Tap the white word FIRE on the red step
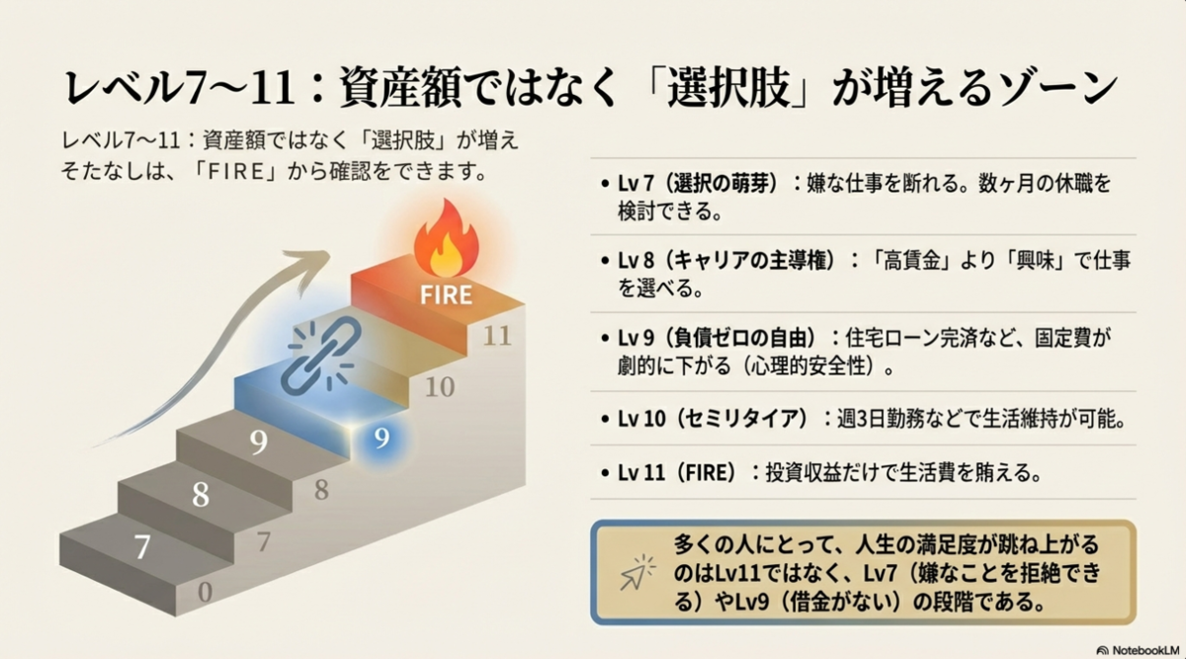(445, 294)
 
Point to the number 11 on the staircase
(497, 336)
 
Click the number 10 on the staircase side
(439, 386)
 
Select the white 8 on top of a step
(201, 494)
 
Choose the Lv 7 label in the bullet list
(638, 185)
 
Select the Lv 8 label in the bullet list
(638, 261)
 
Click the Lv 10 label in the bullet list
(643, 418)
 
